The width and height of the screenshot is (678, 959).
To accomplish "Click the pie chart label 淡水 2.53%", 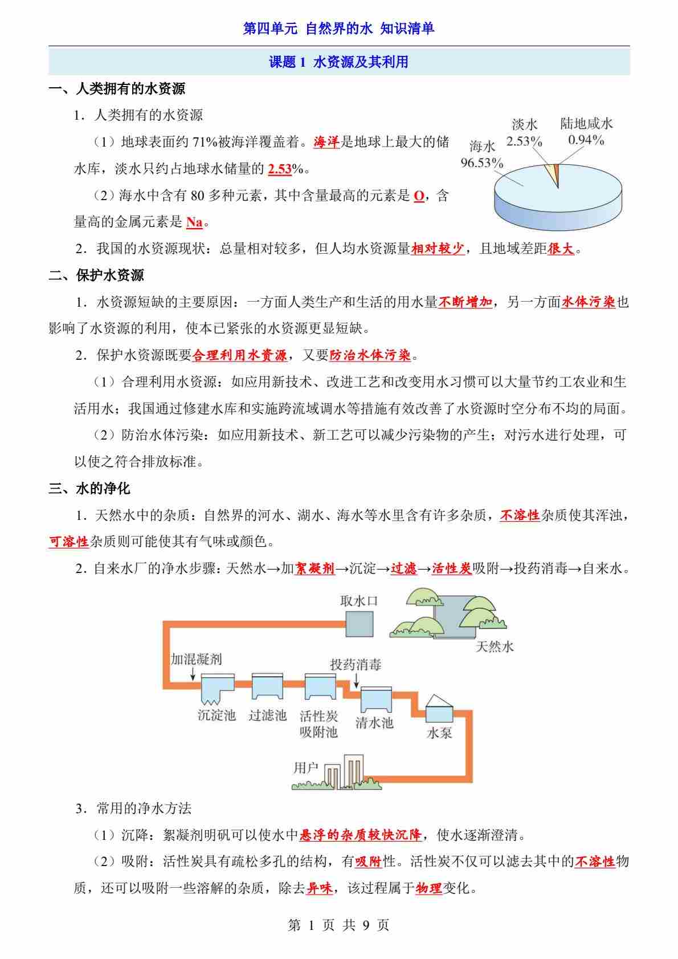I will click(524, 133).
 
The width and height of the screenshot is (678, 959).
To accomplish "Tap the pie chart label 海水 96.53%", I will click(482, 155).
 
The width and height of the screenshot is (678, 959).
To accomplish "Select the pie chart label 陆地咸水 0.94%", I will click(586, 132).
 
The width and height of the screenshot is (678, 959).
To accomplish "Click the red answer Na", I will click(194, 222).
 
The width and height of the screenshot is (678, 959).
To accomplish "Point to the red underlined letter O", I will click(419, 196).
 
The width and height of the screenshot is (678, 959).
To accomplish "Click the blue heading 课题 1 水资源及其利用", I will click(338, 62).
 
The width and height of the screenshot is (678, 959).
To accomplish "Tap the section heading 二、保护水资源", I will click(96, 275).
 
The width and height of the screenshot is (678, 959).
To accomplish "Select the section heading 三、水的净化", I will click(89, 488).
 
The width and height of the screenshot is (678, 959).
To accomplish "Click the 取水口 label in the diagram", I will click(359, 600).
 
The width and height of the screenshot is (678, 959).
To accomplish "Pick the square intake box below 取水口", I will click(360, 624).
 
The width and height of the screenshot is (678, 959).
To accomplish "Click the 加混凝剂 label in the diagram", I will click(197, 659).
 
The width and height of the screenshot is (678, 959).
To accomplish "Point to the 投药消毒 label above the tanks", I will click(356, 664).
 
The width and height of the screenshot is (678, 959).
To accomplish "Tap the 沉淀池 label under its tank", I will click(217, 715).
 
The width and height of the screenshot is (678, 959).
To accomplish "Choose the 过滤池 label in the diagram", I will click(267, 715).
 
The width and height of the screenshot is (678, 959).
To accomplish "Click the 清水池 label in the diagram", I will click(374, 723).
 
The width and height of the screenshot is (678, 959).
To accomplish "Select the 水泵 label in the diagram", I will click(439, 733).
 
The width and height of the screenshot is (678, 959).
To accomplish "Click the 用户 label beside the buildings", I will click(306, 767).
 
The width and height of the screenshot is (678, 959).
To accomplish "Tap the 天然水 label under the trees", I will click(495, 647).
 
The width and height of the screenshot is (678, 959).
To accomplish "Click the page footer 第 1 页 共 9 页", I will click(338, 925).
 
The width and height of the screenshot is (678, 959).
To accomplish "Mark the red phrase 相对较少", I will click(438, 249).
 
